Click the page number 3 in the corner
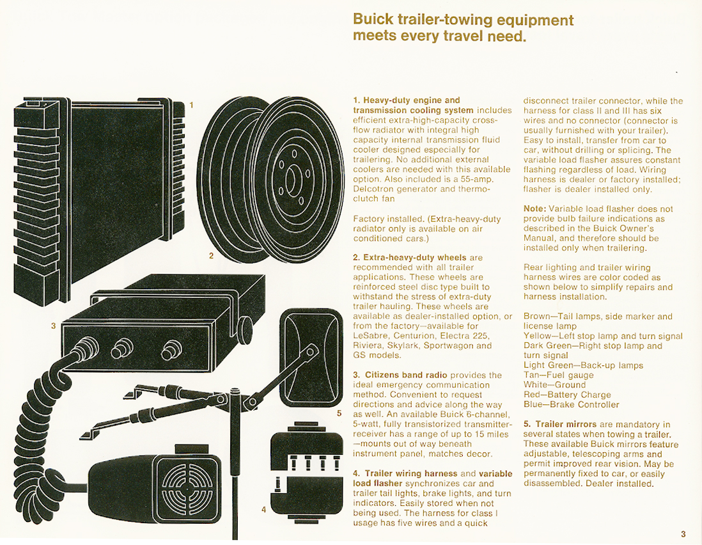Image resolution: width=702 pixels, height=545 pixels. [683, 533]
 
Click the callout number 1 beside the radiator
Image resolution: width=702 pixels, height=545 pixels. [192, 106]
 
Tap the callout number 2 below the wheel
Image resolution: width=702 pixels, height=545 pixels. [212, 256]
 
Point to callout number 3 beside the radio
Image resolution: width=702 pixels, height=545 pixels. [53, 326]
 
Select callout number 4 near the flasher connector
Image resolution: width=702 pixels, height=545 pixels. [263, 510]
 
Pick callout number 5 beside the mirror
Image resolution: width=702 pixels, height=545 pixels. [339, 413]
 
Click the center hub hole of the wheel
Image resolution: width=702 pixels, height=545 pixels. [290, 179]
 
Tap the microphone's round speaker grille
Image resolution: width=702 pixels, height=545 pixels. [187, 487]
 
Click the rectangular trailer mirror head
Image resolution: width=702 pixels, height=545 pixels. [311, 358]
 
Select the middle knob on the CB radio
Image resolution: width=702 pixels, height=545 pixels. [121, 347]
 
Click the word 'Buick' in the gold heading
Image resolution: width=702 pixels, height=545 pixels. [373, 20]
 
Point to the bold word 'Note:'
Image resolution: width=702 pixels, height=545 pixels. [535, 209]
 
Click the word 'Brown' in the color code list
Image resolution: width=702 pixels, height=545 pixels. [536, 316]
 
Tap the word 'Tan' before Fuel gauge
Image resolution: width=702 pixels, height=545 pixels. [531, 375]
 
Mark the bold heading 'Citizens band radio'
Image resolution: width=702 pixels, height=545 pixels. [406, 375]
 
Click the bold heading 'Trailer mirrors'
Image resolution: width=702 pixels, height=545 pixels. [566, 424]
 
